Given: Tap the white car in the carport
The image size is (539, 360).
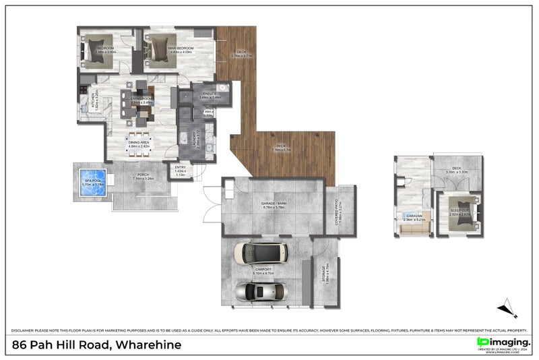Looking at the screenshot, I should [260, 253].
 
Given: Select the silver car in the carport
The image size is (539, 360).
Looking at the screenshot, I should [260, 291].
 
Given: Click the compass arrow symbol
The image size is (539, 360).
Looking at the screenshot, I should [507, 309].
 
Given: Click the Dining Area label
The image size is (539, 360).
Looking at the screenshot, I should [139, 143].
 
